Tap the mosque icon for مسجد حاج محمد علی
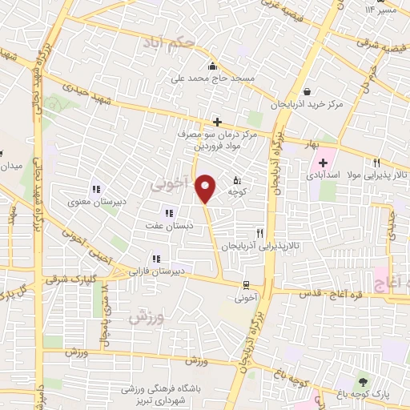point(211,66)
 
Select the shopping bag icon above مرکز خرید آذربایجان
point(307,90)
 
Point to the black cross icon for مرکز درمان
point(216,122)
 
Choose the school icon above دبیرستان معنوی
point(96,190)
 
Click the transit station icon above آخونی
point(247,284)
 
